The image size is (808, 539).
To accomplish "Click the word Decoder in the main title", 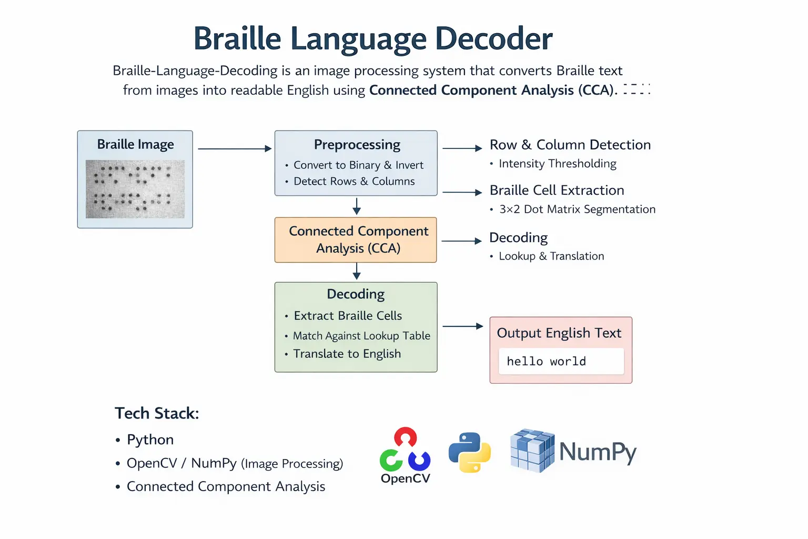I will click(x=493, y=38).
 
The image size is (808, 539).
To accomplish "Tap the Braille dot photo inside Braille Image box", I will click(x=135, y=189).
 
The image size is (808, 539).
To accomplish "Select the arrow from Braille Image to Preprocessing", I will click(x=234, y=149).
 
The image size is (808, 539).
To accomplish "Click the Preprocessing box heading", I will click(x=357, y=145).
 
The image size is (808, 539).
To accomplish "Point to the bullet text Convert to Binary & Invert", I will click(x=358, y=165).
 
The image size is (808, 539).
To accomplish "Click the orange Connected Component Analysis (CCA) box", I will click(x=356, y=240).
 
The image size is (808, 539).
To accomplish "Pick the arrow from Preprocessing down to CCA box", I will click(x=357, y=206).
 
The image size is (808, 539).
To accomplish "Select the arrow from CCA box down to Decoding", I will click(x=357, y=271).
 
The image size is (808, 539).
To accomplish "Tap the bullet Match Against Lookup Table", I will click(x=361, y=336).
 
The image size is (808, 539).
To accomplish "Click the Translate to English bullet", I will click(x=347, y=354).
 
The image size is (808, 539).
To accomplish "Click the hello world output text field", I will click(x=561, y=362).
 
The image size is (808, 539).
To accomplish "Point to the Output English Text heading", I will click(x=559, y=333).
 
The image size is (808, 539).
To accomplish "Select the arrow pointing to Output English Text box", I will click(x=462, y=326).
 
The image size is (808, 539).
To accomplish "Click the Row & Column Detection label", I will click(x=570, y=145).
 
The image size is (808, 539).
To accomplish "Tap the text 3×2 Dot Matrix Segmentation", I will click(x=577, y=209).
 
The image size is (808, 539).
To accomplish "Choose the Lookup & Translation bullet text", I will click(x=551, y=256).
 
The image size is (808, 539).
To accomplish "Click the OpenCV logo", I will click(x=405, y=455).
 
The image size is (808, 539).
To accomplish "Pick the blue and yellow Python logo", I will click(x=470, y=452).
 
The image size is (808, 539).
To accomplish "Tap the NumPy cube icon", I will click(x=532, y=451).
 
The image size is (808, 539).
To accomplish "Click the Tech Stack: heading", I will click(x=157, y=413).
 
